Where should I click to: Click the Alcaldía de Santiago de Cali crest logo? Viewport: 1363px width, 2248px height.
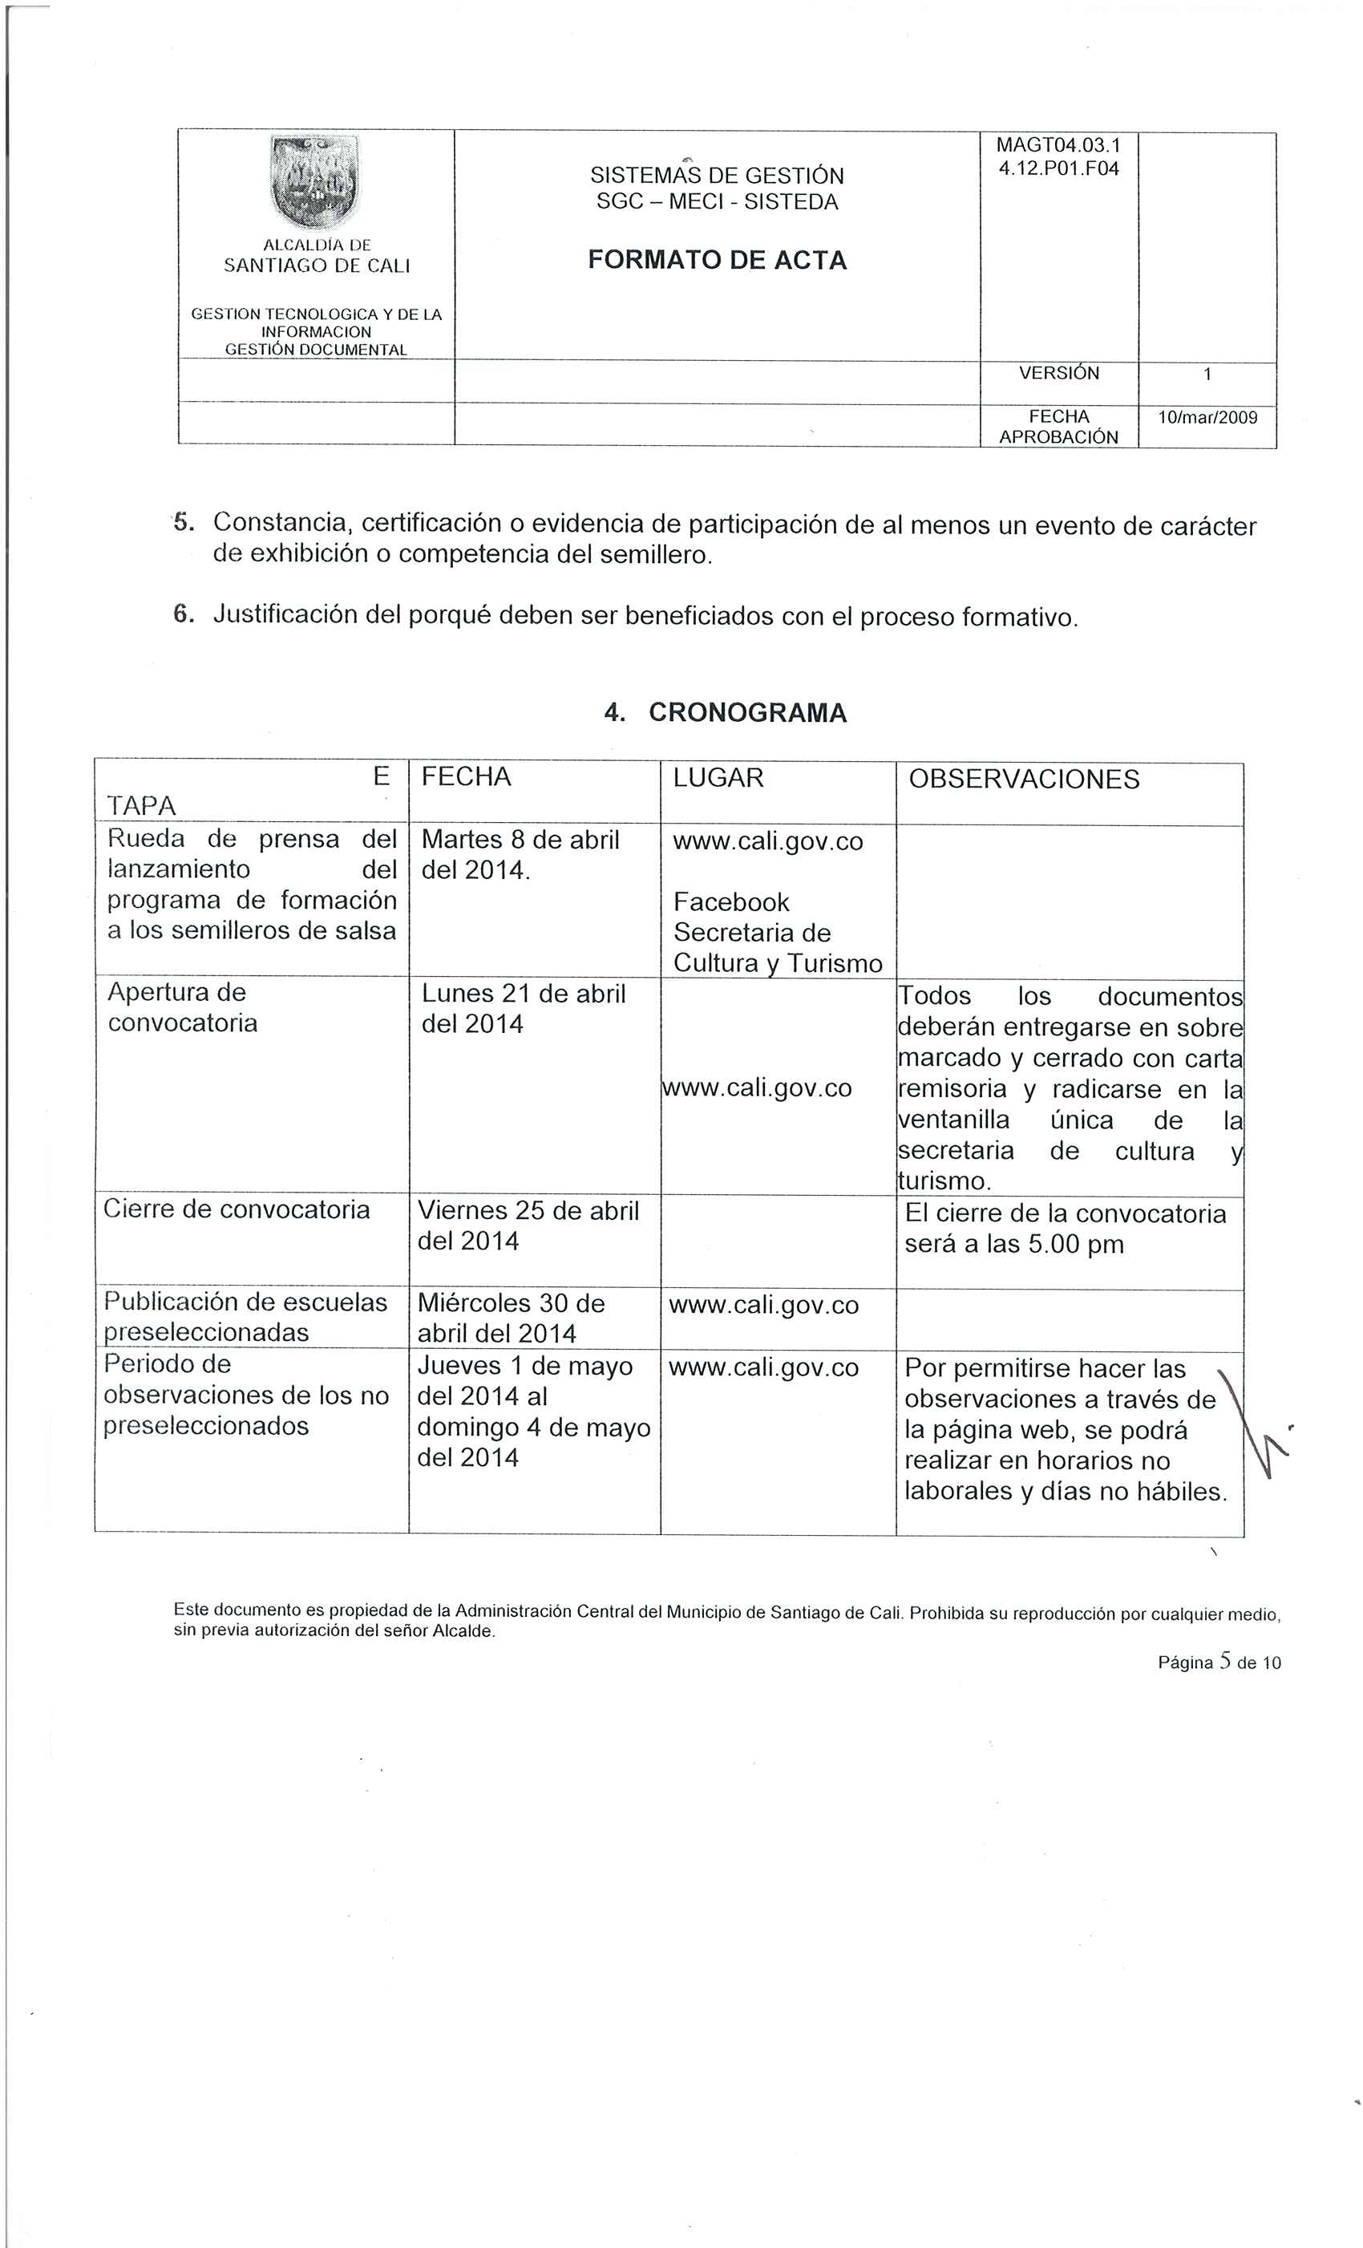316,180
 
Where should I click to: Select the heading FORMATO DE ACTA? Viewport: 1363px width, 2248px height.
717,260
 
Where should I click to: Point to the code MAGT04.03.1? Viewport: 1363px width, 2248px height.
1058,145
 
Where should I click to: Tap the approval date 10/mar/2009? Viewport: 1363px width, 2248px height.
1207,418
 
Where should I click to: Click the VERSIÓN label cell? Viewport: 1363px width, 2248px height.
1058,373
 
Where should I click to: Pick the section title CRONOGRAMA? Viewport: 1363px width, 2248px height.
747,712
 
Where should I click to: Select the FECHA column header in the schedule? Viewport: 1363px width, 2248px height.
466,776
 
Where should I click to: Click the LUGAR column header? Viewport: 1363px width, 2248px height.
718,777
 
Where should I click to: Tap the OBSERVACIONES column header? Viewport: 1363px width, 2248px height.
1024,779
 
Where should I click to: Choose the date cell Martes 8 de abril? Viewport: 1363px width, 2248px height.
520,840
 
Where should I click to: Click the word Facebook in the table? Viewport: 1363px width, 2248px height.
730,902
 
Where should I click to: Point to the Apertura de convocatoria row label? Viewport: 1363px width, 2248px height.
183,1007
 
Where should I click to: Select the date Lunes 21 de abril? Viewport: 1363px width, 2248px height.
523,994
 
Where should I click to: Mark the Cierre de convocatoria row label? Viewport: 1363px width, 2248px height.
237,1209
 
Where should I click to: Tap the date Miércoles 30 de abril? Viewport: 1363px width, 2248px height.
511,1302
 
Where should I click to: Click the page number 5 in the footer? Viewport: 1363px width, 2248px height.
1224,1662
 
